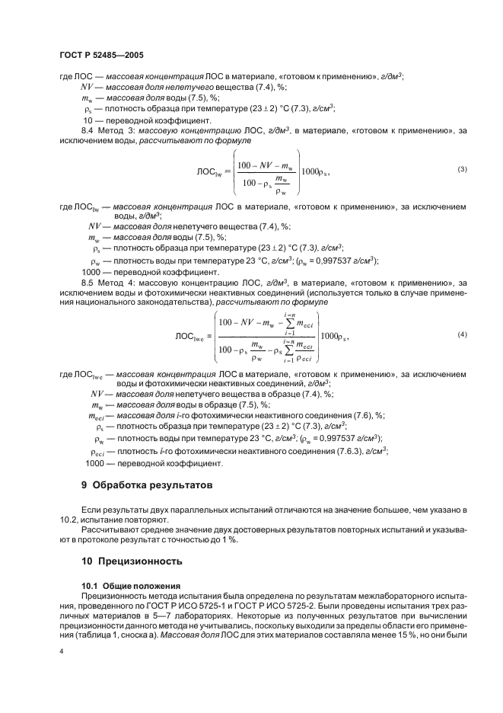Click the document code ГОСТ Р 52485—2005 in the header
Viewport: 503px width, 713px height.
101,56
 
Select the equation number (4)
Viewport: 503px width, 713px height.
462,314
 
